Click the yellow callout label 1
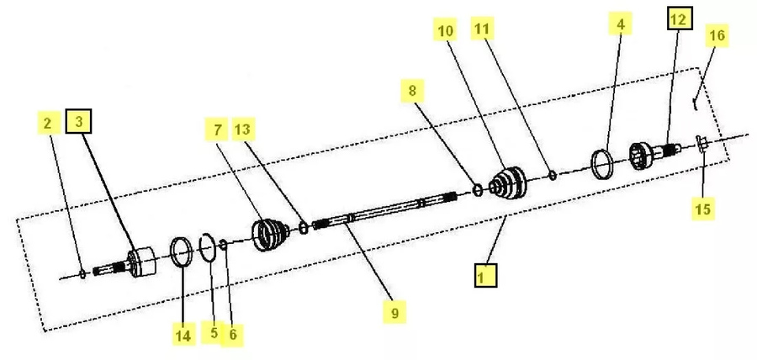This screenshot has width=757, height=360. point(485,275)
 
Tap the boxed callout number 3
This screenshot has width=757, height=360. point(79,122)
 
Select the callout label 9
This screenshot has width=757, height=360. point(395,312)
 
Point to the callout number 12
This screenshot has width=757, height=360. point(680,19)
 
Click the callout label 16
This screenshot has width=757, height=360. point(717,35)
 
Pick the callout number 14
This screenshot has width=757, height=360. point(183,335)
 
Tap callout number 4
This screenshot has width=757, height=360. point(621,24)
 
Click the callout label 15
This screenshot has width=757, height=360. point(703,209)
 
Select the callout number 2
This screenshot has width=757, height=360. point(48,123)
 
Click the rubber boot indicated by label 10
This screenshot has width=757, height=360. point(507,183)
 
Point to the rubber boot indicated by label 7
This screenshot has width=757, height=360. point(270,235)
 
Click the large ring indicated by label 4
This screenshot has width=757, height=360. point(602,164)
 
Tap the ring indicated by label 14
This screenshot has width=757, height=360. point(182,251)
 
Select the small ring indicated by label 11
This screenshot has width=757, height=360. point(553,176)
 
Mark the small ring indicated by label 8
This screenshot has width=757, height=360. point(477,189)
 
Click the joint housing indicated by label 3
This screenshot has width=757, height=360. point(142,262)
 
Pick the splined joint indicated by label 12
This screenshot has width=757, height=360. point(654,153)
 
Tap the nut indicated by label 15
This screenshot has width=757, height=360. point(701,144)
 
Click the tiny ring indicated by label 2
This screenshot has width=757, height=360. point(82,274)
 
